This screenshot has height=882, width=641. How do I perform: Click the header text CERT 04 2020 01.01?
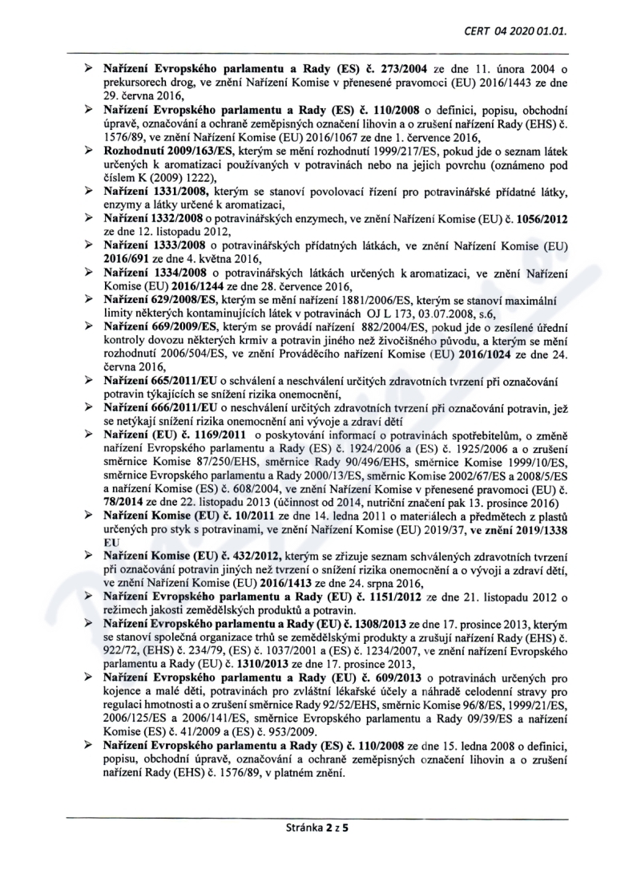[x=521, y=33]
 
